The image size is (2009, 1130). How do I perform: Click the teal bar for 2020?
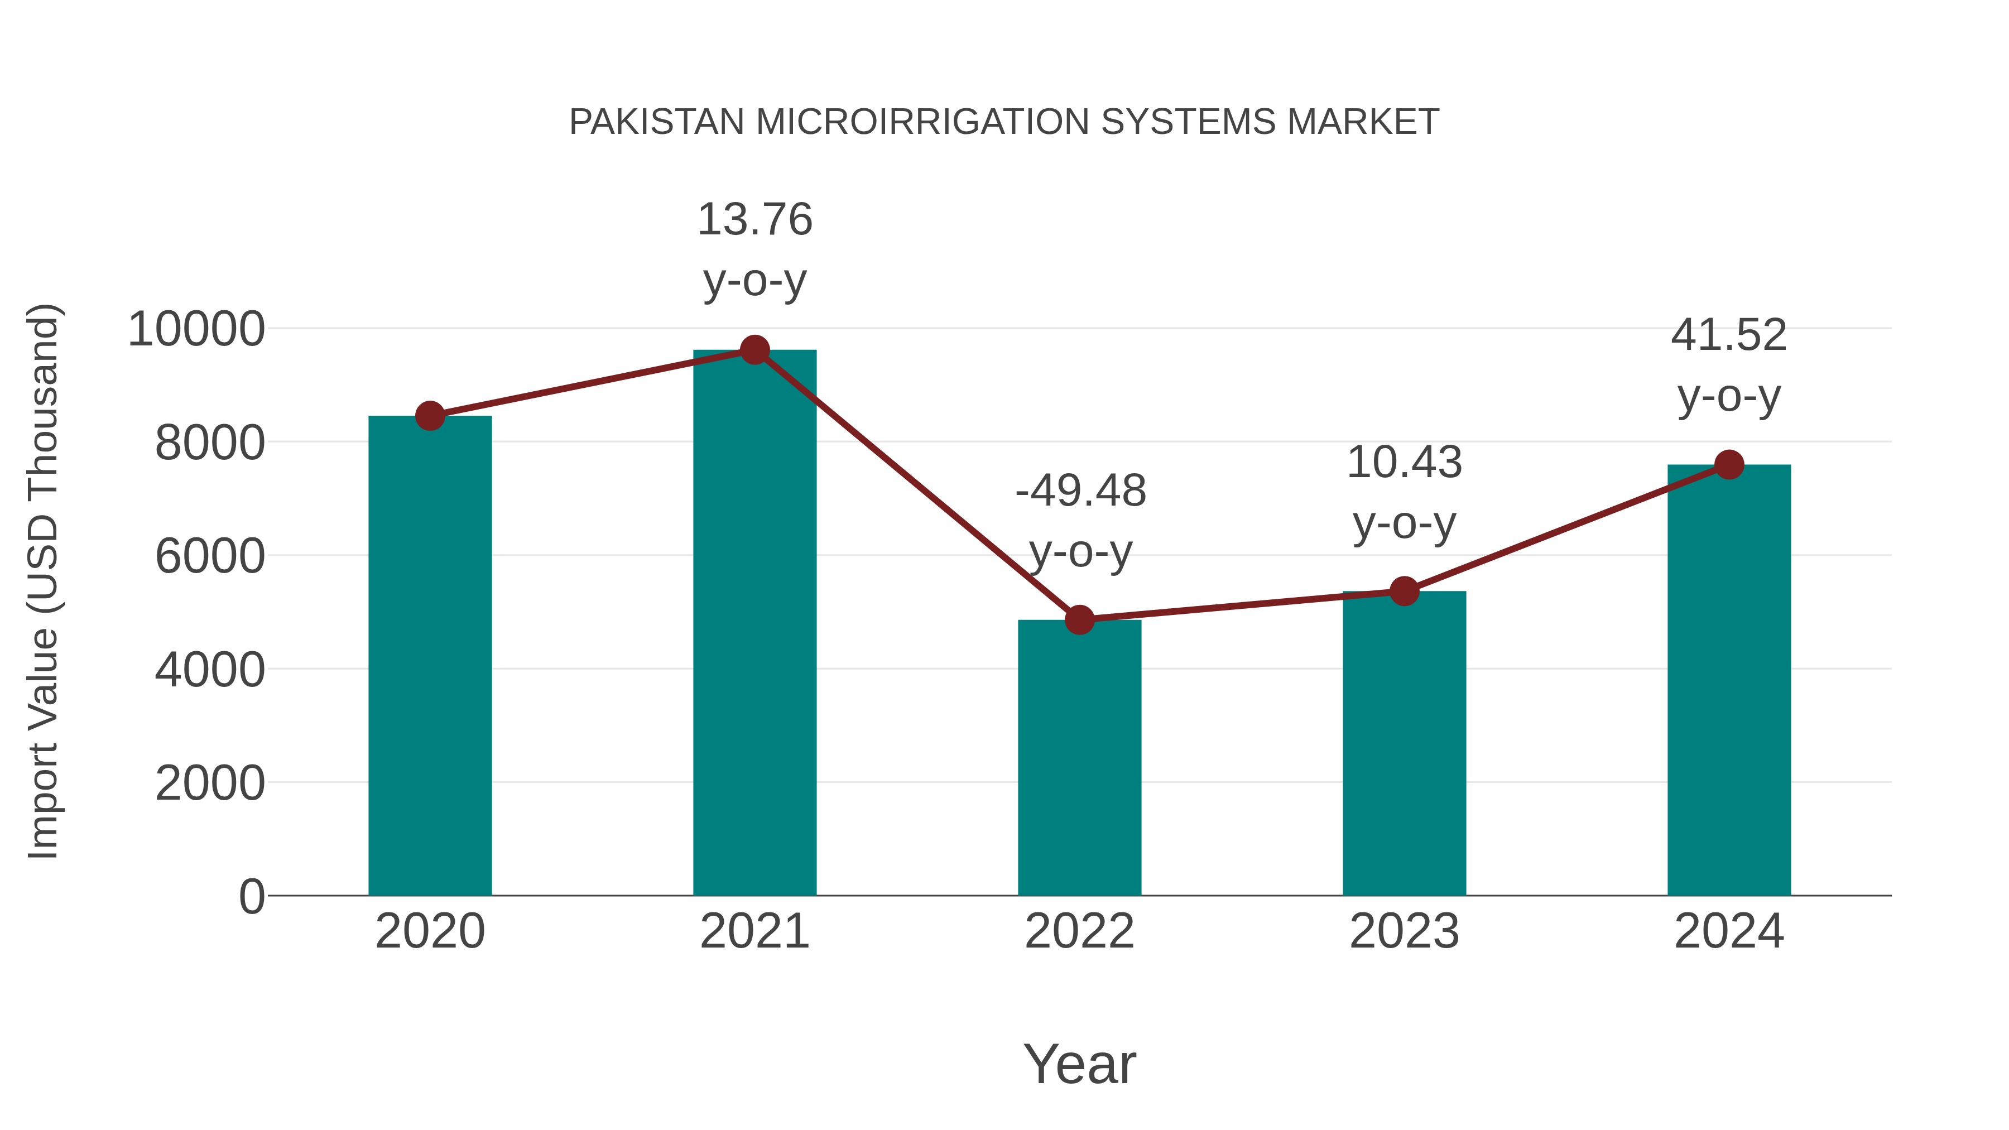[x=430, y=655]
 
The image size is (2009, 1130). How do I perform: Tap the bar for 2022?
[x=1079, y=757]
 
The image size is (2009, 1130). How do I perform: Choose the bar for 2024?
[x=1729, y=679]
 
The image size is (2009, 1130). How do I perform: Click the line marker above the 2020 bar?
[x=430, y=416]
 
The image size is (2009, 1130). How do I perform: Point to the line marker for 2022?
[x=1079, y=620]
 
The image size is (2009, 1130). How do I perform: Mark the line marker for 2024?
[x=1729, y=465]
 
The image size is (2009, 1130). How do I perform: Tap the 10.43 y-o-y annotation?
[x=1404, y=492]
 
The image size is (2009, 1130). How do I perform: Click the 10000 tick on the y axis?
[x=196, y=329]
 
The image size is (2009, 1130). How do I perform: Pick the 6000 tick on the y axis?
[x=210, y=556]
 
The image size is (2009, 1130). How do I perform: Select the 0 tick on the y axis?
[x=252, y=896]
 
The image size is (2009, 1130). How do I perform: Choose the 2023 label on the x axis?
[x=1404, y=931]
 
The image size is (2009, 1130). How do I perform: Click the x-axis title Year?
[x=1079, y=1064]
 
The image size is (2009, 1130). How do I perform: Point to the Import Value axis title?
[x=44, y=581]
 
